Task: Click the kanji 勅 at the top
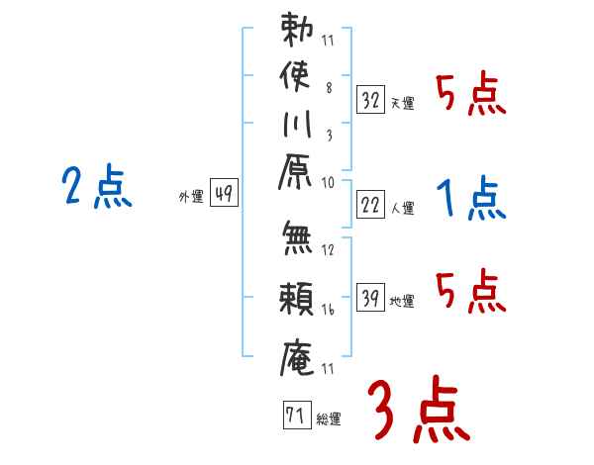[x=297, y=30]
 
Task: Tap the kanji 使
[x=295, y=76]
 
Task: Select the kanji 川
[x=297, y=124]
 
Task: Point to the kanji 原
[x=295, y=171]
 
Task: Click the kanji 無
[x=297, y=238]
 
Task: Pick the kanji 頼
[x=296, y=299]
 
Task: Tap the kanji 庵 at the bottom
[x=297, y=357]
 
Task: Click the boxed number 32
[x=370, y=100]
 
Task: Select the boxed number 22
[x=370, y=205]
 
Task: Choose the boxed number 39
[x=370, y=297]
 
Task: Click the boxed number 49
[x=224, y=192]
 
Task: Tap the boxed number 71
[x=297, y=415]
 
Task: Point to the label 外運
[x=191, y=197]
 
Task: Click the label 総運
[x=329, y=419]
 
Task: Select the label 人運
[x=403, y=209]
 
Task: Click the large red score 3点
[x=419, y=410]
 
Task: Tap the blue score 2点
[x=97, y=186]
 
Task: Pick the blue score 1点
[x=471, y=198]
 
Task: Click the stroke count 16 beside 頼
[x=328, y=310]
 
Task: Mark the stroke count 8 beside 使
[x=329, y=88]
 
